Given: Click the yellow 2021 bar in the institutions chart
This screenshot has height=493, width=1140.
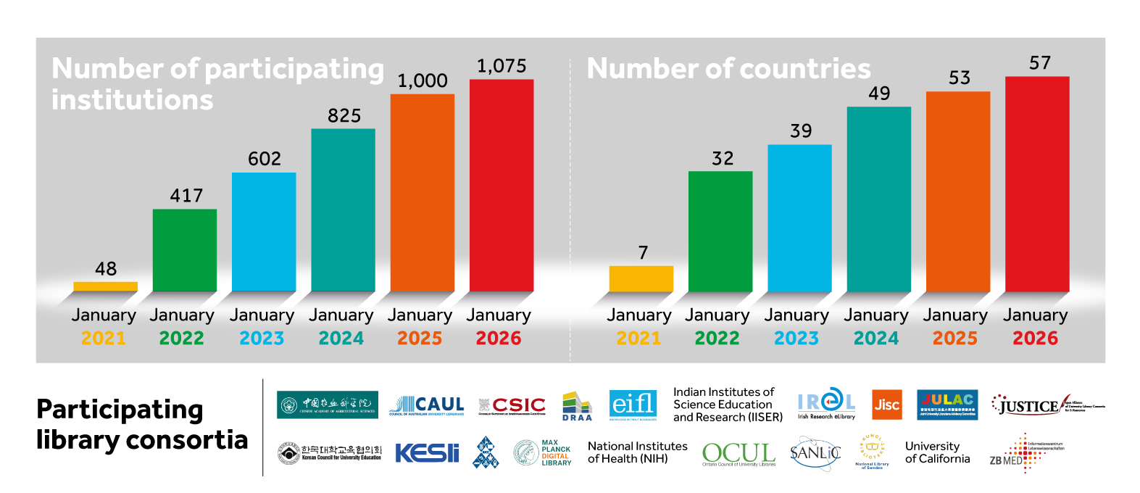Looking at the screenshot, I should point(105,286).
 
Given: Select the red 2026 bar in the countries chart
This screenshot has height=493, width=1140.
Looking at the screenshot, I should point(1036,184).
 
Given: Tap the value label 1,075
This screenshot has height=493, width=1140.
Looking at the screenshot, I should point(501,66).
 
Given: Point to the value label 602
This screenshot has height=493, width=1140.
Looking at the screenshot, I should point(264,159).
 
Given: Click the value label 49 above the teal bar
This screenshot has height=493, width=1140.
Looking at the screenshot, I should point(878,94).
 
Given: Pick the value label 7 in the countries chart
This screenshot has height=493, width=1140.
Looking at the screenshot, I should point(642,252).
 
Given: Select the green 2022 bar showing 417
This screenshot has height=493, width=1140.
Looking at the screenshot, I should point(184,250).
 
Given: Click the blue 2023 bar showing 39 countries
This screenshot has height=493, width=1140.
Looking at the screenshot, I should point(799,217).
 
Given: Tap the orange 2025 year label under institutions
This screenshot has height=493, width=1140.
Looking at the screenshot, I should point(419,338).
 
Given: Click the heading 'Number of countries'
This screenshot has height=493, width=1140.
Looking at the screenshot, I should point(728,69).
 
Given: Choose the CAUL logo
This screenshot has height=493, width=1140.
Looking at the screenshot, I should point(426,405).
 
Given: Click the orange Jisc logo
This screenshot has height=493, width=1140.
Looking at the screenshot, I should point(886,405).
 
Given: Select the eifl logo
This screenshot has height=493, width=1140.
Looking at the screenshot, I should point(633,405).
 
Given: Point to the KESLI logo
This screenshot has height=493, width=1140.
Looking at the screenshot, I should point(426,453).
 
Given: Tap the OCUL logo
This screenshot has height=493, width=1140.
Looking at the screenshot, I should point(738,454).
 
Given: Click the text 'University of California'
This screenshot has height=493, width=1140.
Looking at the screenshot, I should point(936,452).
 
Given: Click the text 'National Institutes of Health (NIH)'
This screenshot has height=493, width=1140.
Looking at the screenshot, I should point(636,452).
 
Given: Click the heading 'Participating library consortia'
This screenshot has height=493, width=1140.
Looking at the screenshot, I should point(141,425).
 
